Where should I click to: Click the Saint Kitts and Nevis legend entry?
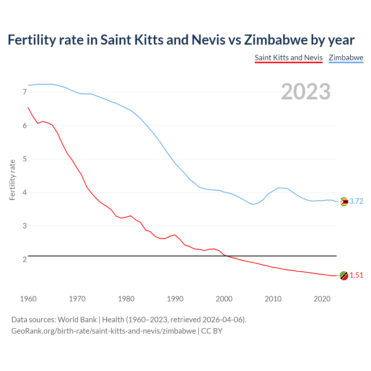pyautogui.click(x=288, y=58)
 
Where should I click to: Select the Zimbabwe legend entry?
pyautogui.click(x=346, y=58)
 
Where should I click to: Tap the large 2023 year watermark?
pyautogui.click(x=306, y=92)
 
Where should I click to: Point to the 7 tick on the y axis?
pyautogui.click(x=25, y=92)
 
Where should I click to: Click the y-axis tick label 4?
pyautogui.click(x=25, y=192)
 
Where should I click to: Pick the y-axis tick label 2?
pyautogui.click(x=25, y=259)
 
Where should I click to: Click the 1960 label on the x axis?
pyautogui.click(x=28, y=299)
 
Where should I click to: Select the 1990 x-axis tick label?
pyautogui.click(x=175, y=299)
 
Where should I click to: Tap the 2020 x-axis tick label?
pyautogui.click(x=322, y=299)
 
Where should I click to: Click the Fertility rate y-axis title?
pyautogui.click(x=12, y=180)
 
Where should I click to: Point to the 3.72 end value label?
pyautogui.click(x=356, y=201)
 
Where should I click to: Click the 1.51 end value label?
pyautogui.click(x=356, y=275)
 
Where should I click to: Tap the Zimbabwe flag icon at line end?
pyautogui.click(x=344, y=201)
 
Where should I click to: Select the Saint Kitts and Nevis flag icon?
pyautogui.click(x=344, y=276)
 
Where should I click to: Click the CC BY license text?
pyautogui.click(x=212, y=331)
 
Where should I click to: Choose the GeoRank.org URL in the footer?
pyautogui.click(x=103, y=331)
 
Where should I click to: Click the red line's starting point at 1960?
pyautogui.click(x=28, y=108)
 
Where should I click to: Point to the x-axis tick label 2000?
pyautogui.click(x=224, y=299)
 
